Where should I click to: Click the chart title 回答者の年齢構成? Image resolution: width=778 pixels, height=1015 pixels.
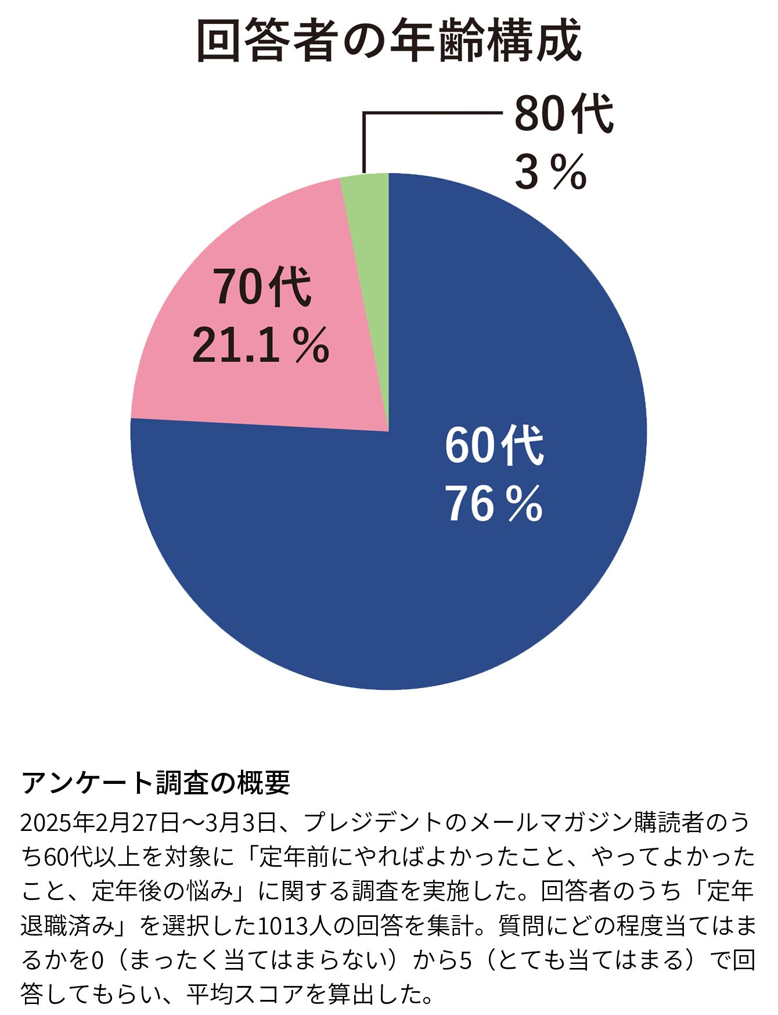[389, 41]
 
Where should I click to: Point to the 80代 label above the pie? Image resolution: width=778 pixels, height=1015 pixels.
[563, 114]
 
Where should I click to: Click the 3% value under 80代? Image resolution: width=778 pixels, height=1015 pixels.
[550, 172]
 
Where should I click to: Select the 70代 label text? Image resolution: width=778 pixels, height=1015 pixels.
[262, 286]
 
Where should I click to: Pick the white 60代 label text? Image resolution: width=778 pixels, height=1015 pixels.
[494, 445]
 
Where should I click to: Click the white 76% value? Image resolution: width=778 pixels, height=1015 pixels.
[494, 503]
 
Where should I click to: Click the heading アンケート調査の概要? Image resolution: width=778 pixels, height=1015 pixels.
[156, 782]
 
